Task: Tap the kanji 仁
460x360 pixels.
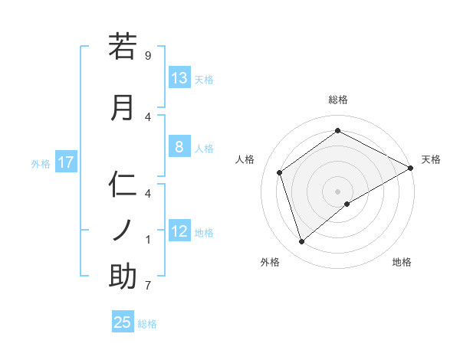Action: click(x=123, y=185)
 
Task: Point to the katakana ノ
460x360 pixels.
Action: click(x=123, y=231)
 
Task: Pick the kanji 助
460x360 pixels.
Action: click(x=123, y=277)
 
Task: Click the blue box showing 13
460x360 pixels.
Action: click(x=179, y=78)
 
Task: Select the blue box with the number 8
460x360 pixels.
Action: click(x=179, y=147)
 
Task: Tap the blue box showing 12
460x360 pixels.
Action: click(x=179, y=231)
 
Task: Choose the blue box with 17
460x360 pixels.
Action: click(x=65, y=162)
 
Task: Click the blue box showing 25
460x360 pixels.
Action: click(x=123, y=322)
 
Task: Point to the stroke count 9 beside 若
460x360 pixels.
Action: click(x=148, y=56)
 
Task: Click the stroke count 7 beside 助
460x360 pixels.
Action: click(x=148, y=286)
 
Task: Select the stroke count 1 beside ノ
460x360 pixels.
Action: click(x=148, y=240)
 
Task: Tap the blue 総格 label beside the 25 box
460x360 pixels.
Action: click(x=148, y=324)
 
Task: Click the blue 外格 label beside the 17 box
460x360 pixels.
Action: click(x=41, y=163)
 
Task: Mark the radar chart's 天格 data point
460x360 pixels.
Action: click(x=411, y=169)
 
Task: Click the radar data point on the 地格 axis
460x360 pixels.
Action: click(x=347, y=204)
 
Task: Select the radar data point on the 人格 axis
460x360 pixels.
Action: click(x=280, y=172)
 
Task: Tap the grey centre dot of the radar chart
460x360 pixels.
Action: click(x=337, y=191)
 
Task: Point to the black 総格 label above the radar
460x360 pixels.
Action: click(x=337, y=100)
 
